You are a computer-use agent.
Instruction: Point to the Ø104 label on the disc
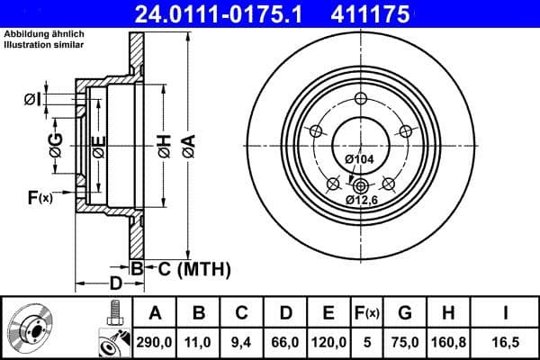pos(358,159)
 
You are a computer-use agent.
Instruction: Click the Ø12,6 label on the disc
pos(359,199)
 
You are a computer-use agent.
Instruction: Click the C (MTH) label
pos(189,268)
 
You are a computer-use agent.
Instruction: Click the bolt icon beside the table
pos(114,314)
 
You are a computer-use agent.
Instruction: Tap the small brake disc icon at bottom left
pos(33,328)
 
